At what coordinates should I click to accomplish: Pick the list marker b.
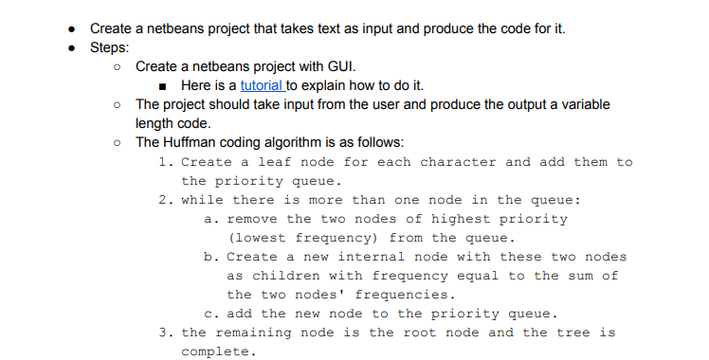(209, 257)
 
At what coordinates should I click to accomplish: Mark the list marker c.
(209, 314)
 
